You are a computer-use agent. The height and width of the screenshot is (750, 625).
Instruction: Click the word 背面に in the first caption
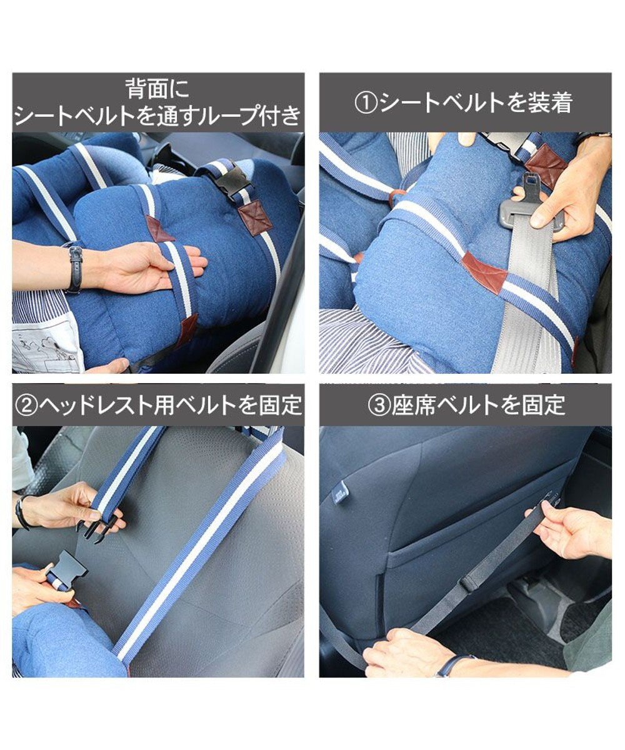(156, 89)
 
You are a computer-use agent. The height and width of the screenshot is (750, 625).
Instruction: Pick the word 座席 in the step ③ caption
(410, 405)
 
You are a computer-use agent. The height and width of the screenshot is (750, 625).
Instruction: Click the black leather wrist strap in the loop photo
(75, 267)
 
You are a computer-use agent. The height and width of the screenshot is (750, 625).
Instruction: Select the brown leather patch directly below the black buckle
(255, 216)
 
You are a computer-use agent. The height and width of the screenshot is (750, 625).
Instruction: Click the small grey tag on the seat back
(340, 495)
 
